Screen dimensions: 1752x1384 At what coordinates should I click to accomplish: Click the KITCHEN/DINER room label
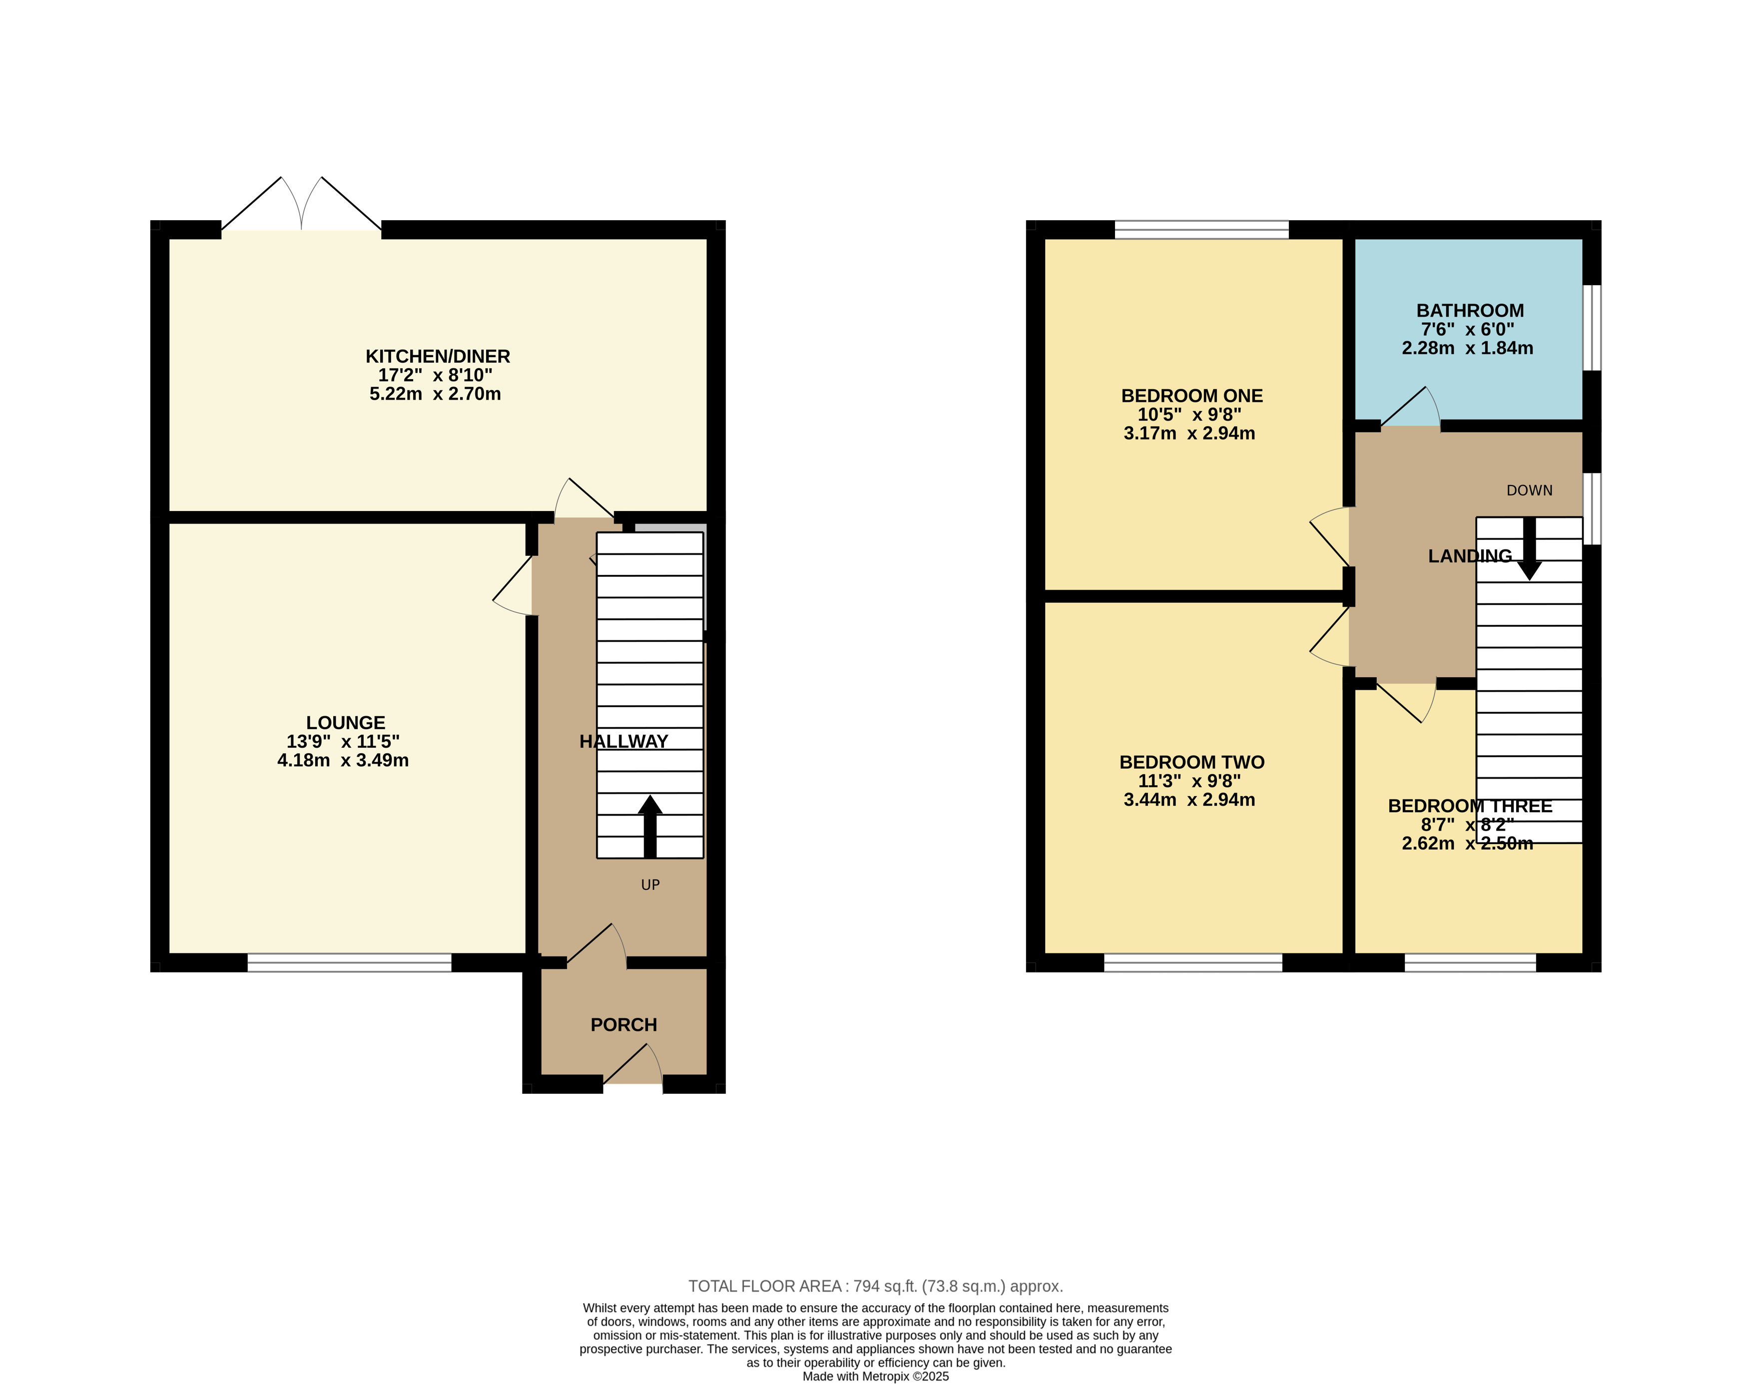pos(438,357)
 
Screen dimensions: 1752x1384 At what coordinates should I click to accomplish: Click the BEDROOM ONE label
pos(1191,396)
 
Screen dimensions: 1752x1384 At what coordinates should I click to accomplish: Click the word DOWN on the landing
pos(1529,490)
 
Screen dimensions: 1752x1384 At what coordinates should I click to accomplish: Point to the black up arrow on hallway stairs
pos(650,826)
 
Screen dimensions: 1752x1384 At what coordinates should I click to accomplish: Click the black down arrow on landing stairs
pos(1529,548)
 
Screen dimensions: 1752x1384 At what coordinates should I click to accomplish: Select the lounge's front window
pos(349,962)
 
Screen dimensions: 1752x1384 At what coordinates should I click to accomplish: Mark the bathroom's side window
pos(1592,327)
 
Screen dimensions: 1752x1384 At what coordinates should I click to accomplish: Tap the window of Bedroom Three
pos(1470,962)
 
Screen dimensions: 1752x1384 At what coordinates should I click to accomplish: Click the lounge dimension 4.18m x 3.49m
pos(343,760)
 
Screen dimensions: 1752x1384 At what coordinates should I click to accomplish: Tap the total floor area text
pos(875,1286)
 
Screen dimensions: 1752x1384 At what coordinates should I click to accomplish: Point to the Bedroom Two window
pos(1193,962)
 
